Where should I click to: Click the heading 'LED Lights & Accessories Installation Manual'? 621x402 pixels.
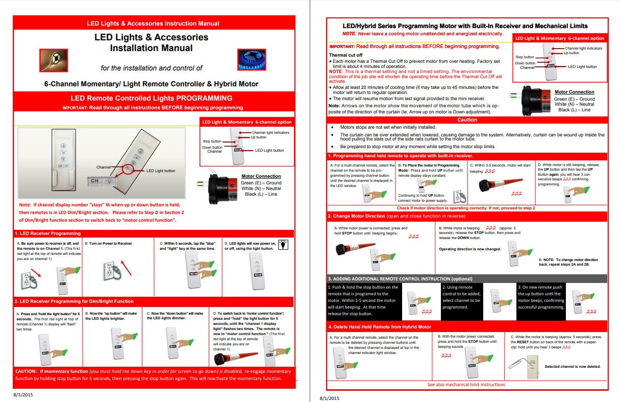click(x=151, y=43)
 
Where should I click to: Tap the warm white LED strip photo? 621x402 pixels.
click(x=53, y=59)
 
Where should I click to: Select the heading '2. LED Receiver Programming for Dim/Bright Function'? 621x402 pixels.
click(x=74, y=301)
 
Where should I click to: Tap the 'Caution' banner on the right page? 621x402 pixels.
click(x=467, y=120)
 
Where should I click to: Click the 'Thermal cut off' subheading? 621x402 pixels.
click(x=345, y=55)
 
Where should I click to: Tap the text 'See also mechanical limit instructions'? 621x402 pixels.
click(x=466, y=385)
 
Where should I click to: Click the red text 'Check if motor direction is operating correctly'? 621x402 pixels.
click(x=466, y=208)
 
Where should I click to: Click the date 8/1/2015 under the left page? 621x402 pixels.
click(x=23, y=396)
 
